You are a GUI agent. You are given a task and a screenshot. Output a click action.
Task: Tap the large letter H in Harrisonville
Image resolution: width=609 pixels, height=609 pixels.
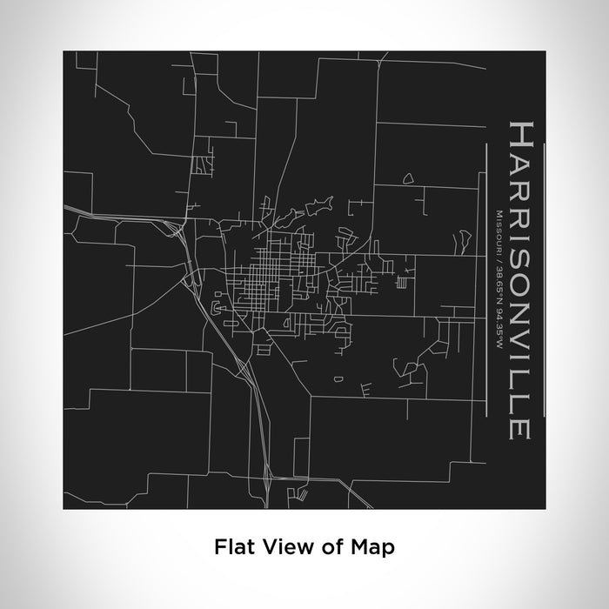[x=516, y=138]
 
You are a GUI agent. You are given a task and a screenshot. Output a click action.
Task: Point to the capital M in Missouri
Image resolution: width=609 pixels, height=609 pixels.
[x=499, y=212]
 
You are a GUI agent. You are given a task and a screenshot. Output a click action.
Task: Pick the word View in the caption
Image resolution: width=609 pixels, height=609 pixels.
[x=280, y=547]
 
